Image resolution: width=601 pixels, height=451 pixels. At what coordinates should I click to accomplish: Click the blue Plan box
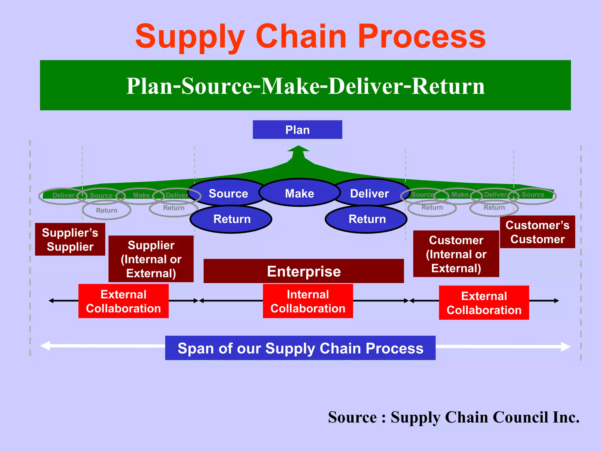tap(297, 129)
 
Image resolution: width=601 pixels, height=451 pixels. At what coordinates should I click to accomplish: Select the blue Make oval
tap(299, 193)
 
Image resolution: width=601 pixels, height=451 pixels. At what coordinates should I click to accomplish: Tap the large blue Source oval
tap(228, 193)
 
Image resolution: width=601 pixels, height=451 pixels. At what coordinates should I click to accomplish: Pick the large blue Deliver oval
tap(370, 193)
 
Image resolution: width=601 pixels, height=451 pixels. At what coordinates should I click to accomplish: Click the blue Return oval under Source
tap(232, 219)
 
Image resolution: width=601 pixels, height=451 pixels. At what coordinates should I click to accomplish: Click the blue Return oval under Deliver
tap(367, 219)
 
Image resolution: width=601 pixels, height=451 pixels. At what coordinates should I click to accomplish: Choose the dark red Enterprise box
tap(304, 271)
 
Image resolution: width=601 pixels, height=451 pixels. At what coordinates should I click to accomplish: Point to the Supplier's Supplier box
tap(70, 239)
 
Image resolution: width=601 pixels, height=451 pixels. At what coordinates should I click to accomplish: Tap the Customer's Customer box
tap(537, 232)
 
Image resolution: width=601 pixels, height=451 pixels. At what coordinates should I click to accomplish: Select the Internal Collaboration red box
tap(308, 301)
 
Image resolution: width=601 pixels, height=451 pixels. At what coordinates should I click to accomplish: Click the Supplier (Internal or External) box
tap(151, 259)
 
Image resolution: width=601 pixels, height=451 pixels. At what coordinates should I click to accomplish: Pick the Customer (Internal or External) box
tap(456, 254)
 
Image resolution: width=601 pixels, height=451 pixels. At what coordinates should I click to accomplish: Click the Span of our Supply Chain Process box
tap(300, 348)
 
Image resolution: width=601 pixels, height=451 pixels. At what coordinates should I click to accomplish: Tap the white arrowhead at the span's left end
tap(45, 346)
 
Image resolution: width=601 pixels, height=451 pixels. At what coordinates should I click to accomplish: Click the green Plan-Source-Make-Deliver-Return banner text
tap(305, 86)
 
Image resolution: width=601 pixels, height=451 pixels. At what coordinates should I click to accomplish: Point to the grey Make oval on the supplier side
tap(141, 195)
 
